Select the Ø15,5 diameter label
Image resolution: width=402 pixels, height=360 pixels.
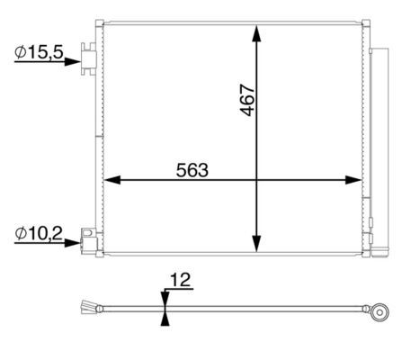[x=39, y=54]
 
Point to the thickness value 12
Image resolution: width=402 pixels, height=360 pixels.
[x=180, y=282]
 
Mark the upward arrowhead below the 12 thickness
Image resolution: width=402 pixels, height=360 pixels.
[x=164, y=317]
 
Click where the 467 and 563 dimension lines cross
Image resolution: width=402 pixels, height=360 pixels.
[x=257, y=180]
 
